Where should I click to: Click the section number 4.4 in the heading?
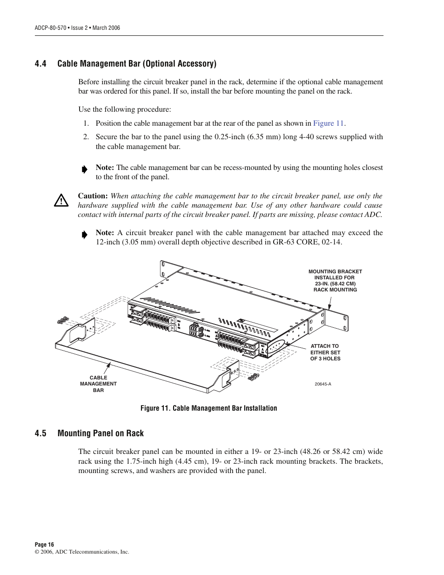pyautogui.click(x=40, y=64)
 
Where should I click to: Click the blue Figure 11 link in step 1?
pyautogui.click(x=328, y=123)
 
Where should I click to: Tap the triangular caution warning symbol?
pyautogui.click(x=61, y=201)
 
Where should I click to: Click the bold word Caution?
pyautogui.click(x=93, y=196)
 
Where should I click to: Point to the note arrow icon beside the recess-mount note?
pyautogui.click(x=84, y=169)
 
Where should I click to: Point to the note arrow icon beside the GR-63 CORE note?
pyautogui.click(x=84, y=235)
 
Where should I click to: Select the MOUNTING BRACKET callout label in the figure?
pyautogui.click(x=335, y=280)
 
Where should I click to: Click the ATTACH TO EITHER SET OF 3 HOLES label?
pyautogui.click(x=325, y=352)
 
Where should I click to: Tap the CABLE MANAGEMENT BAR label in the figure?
pyautogui.click(x=98, y=384)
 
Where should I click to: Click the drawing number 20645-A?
pyautogui.click(x=323, y=384)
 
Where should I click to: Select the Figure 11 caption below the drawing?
pyautogui.click(x=209, y=408)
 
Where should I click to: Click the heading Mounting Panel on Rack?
pyautogui.click(x=101, y=433)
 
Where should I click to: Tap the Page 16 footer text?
pyautogui.click(x=45, y=544)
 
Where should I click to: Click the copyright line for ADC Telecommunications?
pyautogui.click(x=82, y=552)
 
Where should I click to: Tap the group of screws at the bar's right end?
pyautogui.click(x=253, y=377)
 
